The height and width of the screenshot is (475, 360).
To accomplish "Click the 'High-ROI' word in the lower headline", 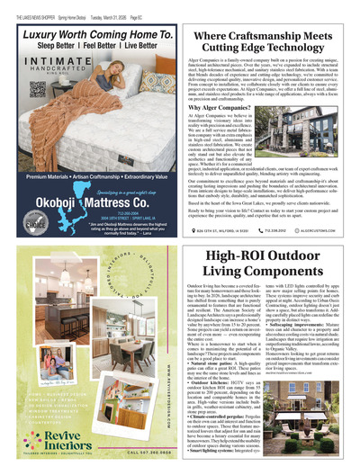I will [234, 256].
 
